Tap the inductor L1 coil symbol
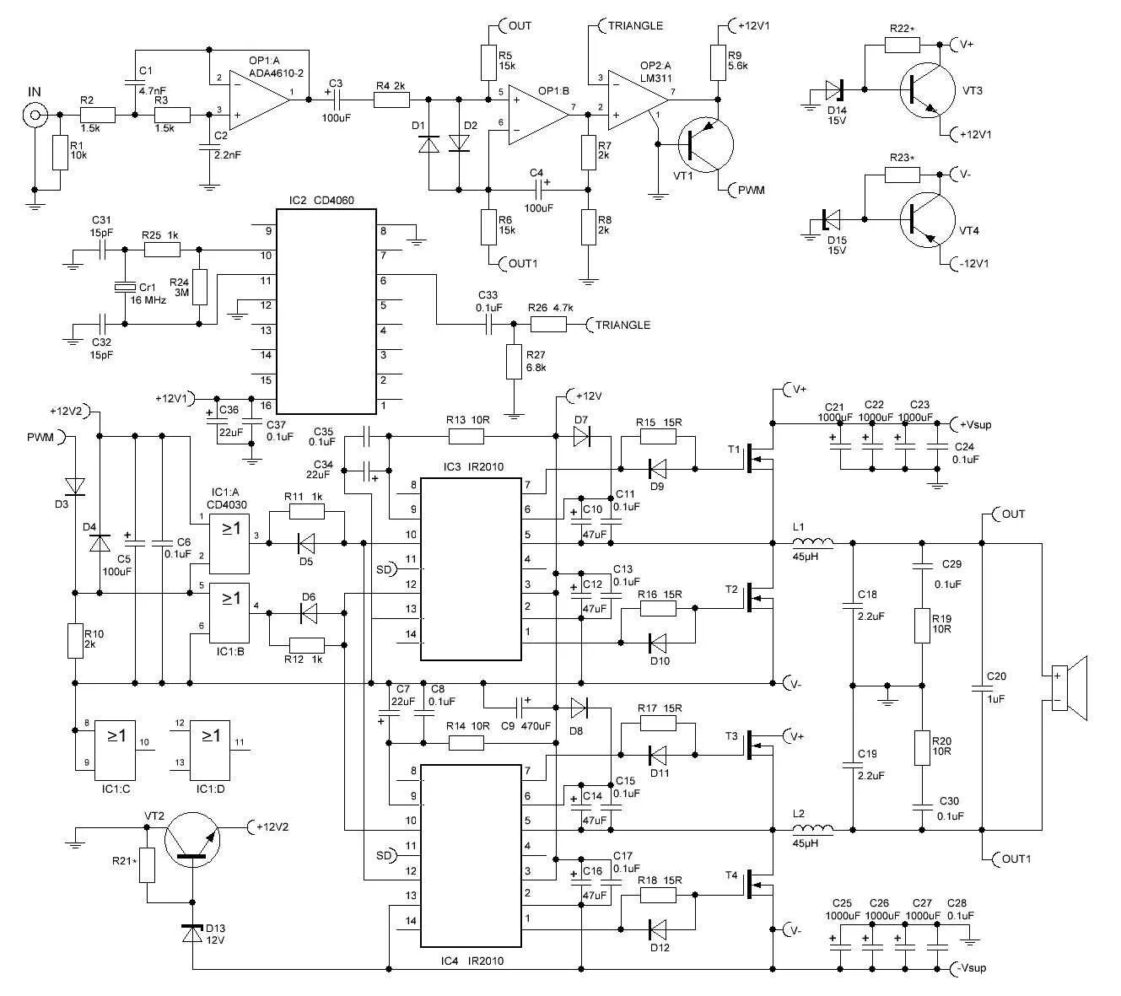point(812,543)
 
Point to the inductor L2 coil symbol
point(812,829)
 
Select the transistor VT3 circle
point(928,89)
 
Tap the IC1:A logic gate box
point(230,543)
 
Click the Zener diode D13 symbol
point(192,934)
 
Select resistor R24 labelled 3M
point(200,287)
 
